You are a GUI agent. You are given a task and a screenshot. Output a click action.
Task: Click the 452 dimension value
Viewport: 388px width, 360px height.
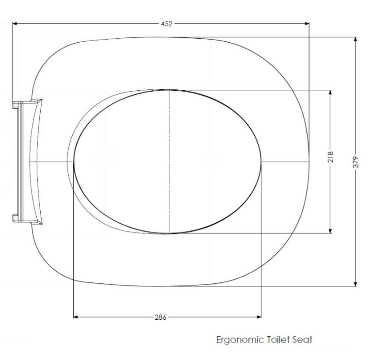pyautogui.click(x=166, y=24)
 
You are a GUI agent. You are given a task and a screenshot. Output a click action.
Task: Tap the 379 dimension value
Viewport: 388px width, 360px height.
pyautogui.click(x=356, y=162)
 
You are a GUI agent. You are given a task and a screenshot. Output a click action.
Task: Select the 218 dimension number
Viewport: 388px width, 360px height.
pyautogui.click(x=331, y=157)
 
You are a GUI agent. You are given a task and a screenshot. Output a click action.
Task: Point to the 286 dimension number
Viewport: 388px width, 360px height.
pyautogui.click(x=161, y=317)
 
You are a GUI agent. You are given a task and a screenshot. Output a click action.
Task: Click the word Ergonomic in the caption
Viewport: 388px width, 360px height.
pyautogui.click(x=239, y=340)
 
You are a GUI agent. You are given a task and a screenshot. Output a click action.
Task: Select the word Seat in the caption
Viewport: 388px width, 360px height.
pyautogui.click(x=302, y=340)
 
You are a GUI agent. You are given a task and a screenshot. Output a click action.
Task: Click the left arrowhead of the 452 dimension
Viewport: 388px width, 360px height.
pyautogui.click(x=15, y=23)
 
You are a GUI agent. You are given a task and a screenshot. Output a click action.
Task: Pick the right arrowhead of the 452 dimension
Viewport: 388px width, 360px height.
pyautogui.click(x=307, y=23)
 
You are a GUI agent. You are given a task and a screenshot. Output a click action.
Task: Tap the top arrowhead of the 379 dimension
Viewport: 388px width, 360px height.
pyautogui.click(x=356, y=39)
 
